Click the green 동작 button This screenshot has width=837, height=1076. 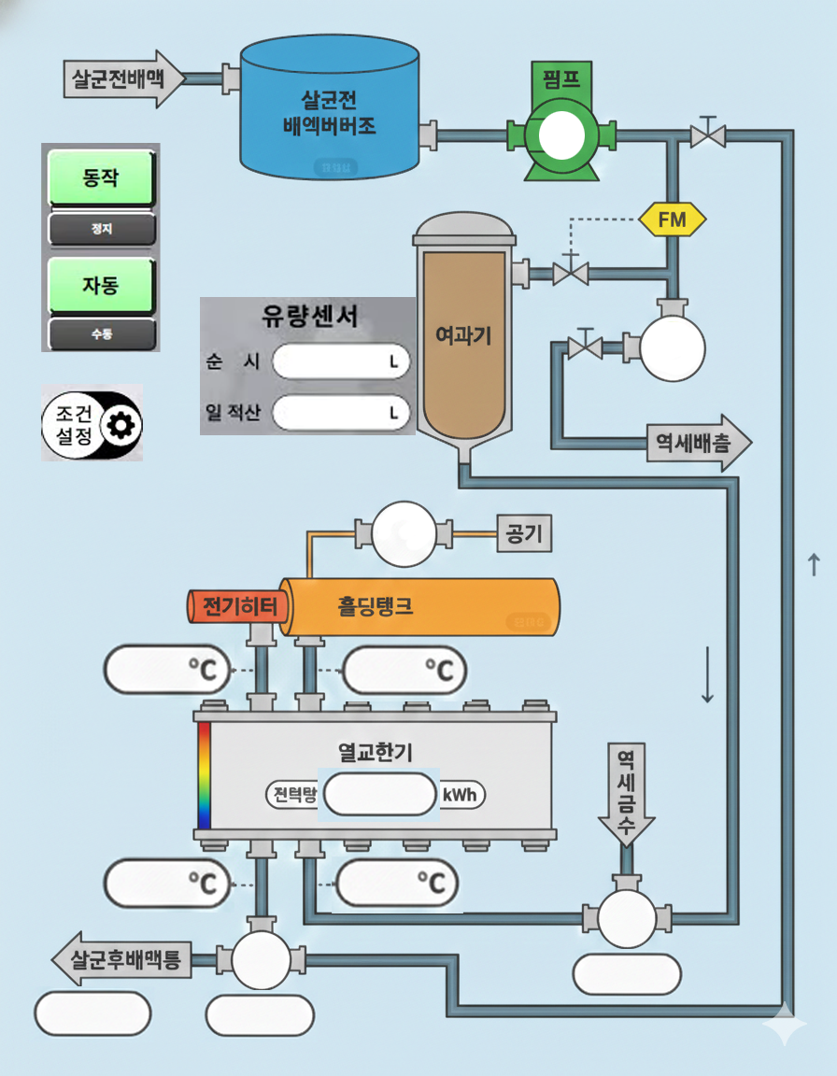point(101,177)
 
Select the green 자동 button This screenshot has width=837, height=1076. point(101,284)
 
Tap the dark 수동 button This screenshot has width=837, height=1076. point(101,333)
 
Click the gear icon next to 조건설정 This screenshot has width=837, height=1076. point(121,426)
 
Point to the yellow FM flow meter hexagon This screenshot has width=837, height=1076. point(672,220)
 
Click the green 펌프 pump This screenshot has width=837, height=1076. point(560,135)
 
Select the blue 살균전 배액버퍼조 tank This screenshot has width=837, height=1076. point(329,112)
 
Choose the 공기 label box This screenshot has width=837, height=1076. point(525,534)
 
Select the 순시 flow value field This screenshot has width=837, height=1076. point(341,361)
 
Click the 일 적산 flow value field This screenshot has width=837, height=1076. point(341,411)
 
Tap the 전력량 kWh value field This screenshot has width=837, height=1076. point(379,795)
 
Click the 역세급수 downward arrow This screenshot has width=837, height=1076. point(626,794)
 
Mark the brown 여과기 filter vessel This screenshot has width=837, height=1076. point(463,336)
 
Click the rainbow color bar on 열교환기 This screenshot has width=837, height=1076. point(204,774)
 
